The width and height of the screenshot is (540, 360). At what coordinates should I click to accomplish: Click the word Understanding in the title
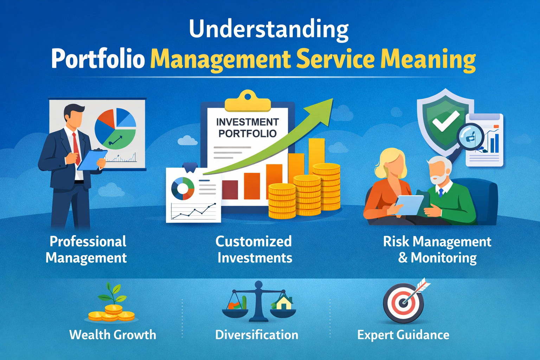pyautogui.click(x=269, y=30)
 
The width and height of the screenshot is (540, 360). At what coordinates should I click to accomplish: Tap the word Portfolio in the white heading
pyautogui.click(x=98, y=59)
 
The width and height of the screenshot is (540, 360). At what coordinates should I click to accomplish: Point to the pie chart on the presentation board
pyautogui.click(x=115, y=129)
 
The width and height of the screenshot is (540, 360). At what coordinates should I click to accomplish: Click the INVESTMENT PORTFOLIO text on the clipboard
pyautogui.click(x=247, y=128)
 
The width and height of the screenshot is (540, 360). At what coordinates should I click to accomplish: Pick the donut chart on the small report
pyautogui.click(x=182, y=188)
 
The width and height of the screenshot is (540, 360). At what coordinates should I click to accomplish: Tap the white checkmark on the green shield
pyautogui.click(x=445, y=121)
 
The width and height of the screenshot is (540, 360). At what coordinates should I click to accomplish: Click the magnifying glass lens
pyautogui.click(x=470, y=137)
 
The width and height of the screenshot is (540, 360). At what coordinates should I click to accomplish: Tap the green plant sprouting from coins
pyautogui.click(x=112, y=294)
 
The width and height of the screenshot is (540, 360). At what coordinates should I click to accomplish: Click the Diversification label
pyautogui.click(x=257, y=335)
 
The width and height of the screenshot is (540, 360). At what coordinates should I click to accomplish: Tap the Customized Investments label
pyautogui.click(x=254, y=250)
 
